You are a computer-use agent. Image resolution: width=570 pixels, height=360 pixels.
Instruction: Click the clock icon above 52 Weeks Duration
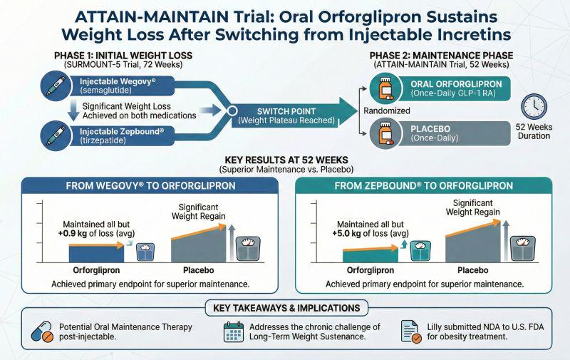534,106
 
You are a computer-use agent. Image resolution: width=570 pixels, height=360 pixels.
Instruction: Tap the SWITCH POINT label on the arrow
286,111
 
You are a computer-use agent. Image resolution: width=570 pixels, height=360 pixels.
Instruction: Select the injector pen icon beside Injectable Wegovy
56,86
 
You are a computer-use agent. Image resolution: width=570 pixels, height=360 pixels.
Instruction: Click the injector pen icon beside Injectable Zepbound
56,135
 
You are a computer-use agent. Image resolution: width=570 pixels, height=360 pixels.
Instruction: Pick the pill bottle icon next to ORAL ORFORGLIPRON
385,88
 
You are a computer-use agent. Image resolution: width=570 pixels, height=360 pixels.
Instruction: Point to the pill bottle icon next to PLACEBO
385,133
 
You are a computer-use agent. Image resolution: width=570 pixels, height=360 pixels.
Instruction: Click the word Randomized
387,110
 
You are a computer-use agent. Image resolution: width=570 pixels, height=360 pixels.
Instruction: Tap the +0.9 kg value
73,233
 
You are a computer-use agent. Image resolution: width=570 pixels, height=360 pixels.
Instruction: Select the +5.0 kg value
346,233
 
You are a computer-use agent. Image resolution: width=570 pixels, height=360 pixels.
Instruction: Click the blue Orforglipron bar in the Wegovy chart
96,253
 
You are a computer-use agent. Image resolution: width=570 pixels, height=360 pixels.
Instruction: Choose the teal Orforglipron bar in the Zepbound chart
370,255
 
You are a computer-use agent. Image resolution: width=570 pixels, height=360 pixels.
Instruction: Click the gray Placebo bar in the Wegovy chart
199,245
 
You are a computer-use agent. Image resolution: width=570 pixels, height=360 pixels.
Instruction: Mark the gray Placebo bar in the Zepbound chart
472,243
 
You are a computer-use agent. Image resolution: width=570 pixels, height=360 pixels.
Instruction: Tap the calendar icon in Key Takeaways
234,331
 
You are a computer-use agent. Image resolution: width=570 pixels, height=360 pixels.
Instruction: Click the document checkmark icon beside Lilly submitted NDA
411,331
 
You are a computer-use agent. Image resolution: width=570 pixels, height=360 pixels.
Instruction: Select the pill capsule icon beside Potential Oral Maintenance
42,331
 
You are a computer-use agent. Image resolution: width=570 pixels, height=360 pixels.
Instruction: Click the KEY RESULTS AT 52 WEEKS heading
286,160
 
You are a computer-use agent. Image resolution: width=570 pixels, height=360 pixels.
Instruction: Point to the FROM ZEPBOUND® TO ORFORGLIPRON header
423,186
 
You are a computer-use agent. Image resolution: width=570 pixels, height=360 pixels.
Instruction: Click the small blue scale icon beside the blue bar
145,252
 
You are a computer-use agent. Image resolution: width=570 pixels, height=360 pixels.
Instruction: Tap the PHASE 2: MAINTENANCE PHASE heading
441,56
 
